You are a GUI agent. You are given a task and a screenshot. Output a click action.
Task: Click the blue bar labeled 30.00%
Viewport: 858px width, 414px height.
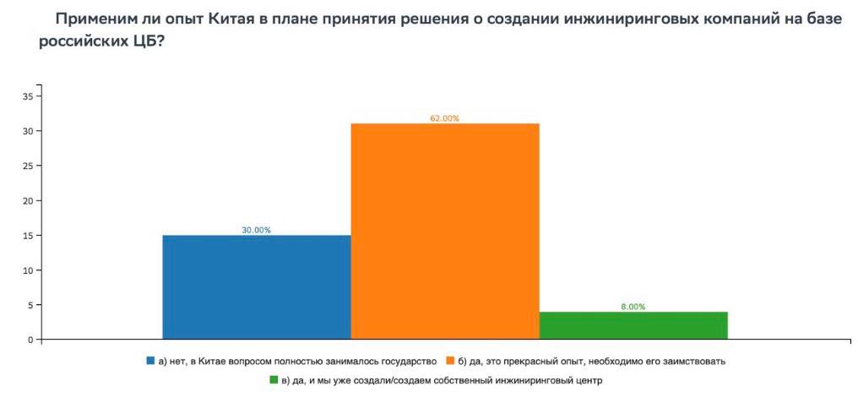tap(257, 287)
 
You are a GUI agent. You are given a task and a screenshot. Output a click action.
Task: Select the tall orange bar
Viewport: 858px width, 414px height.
tap(445, 232)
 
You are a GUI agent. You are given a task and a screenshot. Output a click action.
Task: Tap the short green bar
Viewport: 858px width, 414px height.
tap(633, 325)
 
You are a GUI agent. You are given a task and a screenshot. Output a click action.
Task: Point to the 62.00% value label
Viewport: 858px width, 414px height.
tap(444, 118)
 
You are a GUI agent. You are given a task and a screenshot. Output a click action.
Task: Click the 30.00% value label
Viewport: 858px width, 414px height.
tap(257, 230)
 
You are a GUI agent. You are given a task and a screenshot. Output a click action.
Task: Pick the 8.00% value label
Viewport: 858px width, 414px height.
tap(633, 307)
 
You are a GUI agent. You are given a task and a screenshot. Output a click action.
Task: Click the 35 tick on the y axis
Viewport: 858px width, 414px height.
tap(27, 96)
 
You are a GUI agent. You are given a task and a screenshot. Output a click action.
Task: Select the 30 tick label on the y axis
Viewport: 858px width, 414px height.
tap(27, 131)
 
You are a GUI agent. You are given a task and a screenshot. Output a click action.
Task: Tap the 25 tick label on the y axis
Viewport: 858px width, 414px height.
tap(27, 166)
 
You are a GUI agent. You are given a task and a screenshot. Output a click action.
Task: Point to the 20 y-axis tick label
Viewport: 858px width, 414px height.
tap(27, 201)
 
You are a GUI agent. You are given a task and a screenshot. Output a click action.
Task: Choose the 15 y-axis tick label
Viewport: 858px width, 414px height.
tap(27, 236)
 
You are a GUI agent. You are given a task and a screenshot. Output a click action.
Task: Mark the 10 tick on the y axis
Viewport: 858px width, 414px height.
tap(27, 270)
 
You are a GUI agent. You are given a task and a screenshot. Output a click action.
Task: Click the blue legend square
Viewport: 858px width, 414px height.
tap(151, 361)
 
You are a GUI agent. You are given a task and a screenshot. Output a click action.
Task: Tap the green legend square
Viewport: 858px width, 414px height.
tap(274, 380)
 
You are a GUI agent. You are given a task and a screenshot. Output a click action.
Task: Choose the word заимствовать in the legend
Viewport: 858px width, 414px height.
tap(698, 361)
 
